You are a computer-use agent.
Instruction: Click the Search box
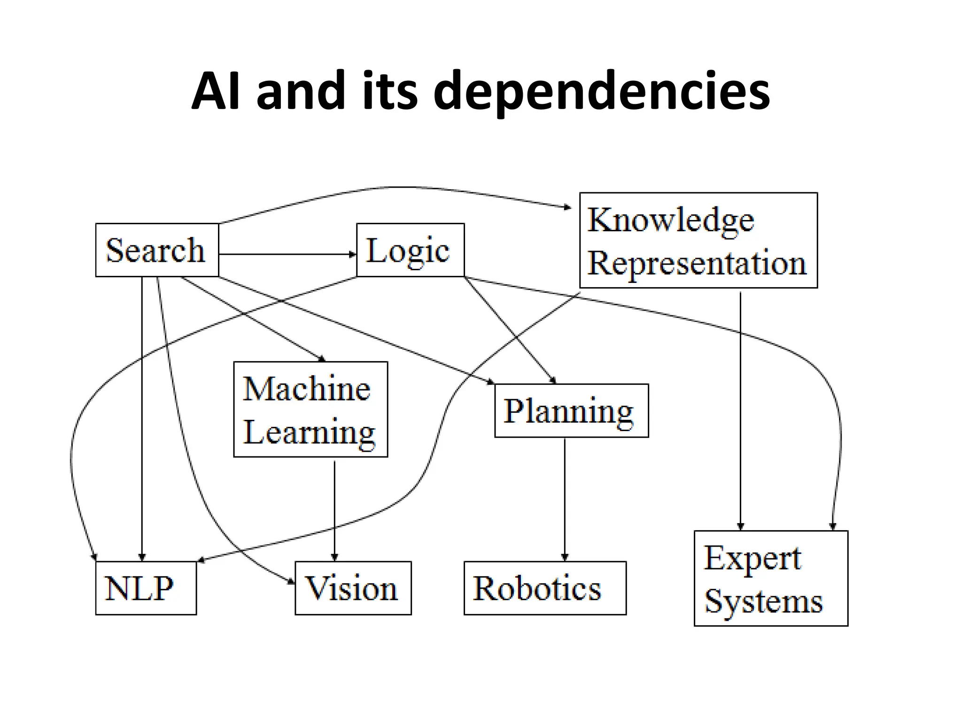[157, 250]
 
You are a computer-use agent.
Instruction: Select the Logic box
[410, 250]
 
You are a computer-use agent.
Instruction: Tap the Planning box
[571, 411]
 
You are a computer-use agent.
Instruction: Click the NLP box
[146, 588]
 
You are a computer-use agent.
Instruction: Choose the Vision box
[353, 588]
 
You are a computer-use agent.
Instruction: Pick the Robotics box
[544, 588]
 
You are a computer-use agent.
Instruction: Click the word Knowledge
[671, 220]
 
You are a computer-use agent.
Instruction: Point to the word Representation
[697, 263]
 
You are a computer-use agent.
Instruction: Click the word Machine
[307, 389]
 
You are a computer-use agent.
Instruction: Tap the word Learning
[309, 432]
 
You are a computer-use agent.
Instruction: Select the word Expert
[752, 558]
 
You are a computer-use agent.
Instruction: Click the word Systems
[763, 601]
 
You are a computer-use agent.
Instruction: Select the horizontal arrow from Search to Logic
[287, 254]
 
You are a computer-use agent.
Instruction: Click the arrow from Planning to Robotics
[565, 498]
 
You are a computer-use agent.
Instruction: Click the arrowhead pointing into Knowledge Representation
[568, 207]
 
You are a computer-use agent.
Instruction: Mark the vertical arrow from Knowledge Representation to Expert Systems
[740, 409]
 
